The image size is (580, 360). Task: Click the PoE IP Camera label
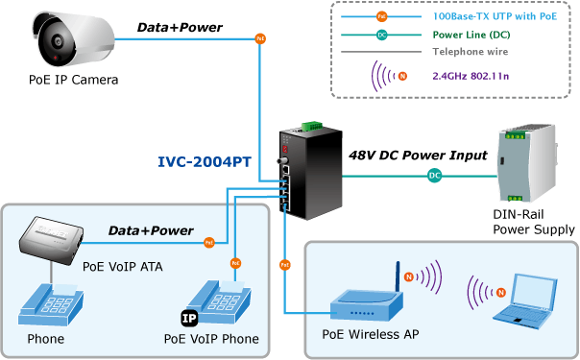point(73,80)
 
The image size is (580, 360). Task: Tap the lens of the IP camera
point(58,41)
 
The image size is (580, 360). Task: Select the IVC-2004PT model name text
point(205,162)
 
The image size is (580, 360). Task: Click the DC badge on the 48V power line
point(434,176)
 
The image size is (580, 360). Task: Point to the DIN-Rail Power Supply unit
point(527,163)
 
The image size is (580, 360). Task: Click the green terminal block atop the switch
point(311,126)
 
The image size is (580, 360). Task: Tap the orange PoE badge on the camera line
point(260,38)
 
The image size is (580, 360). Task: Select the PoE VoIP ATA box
point(51,240)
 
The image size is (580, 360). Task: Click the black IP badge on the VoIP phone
point(189,318)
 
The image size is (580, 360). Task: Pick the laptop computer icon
point(525,301)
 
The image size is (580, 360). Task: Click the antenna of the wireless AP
point(398,276)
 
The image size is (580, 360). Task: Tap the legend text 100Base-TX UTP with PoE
point(495,16)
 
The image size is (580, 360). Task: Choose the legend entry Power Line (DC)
point(471,35)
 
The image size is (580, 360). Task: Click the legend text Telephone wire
point(471,52)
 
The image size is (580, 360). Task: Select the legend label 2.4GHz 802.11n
point(471,76)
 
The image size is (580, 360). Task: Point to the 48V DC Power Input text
point(418,156)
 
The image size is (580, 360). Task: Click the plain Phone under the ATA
point(51,303)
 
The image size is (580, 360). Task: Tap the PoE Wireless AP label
point(371,334)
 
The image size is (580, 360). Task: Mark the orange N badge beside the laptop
point(501,293)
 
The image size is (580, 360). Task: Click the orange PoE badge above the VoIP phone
point(235,263)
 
